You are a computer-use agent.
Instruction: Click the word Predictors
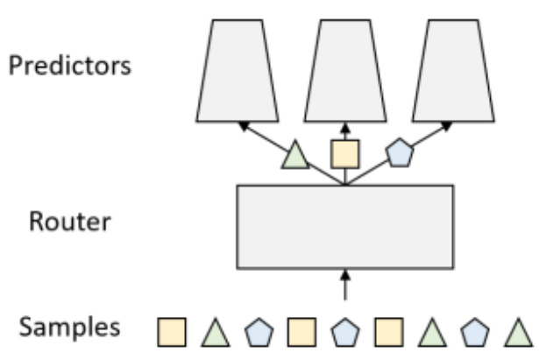click(x=70, y=67)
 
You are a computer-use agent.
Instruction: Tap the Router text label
click(x=69, y=221)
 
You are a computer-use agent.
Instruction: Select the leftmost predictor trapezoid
click(x=236, y=70)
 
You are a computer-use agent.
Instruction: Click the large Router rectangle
click(x=344, y=226)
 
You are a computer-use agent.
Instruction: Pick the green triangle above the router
click(x=296, y=157)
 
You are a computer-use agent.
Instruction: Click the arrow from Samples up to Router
click(x=344, y=285)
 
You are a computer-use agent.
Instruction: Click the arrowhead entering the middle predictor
click(x=344, y=128)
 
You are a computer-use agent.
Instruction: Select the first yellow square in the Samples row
click(x=170, y=331)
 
